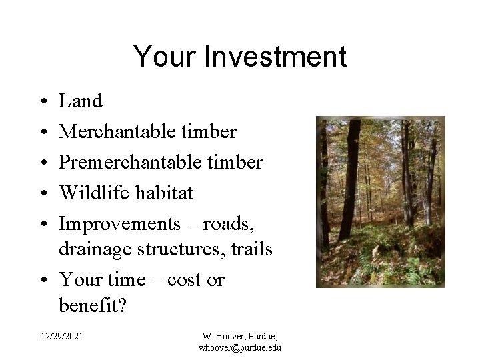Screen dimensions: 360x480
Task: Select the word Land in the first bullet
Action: coord(81,101)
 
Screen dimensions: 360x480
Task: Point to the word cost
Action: coord(185,280)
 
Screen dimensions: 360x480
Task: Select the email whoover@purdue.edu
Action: coord(239,348)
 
